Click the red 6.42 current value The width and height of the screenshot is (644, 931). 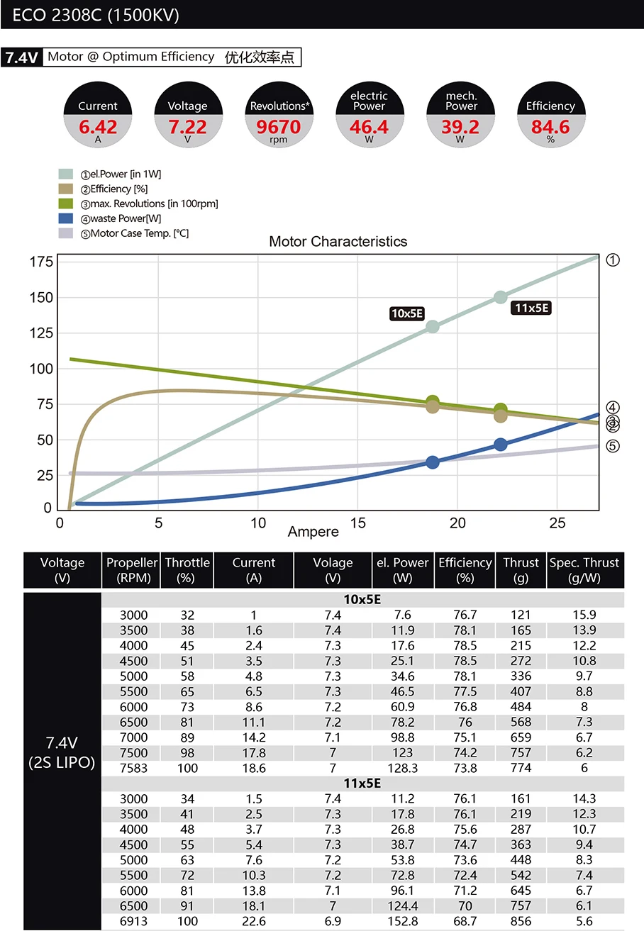97,127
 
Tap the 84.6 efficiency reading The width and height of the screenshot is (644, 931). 550,127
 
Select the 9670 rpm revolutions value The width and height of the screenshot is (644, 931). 279,127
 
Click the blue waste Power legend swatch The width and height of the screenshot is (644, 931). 66,218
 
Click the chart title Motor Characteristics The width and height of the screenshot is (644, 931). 338,241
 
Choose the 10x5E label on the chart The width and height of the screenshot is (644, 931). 406,313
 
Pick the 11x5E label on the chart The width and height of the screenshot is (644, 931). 531,308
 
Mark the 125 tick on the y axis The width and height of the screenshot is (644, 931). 41,333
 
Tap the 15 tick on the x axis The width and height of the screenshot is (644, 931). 357,523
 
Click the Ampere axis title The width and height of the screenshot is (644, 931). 313,531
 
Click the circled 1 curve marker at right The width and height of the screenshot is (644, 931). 613,260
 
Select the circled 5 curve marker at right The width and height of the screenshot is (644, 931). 613,446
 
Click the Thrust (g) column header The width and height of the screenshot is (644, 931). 521,570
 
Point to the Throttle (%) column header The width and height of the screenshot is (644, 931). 187,570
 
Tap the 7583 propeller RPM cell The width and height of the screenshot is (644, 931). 133,768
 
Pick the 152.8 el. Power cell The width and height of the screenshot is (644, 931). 402,921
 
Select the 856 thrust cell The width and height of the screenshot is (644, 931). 521,921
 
